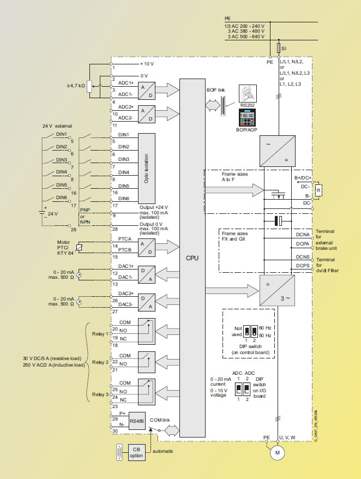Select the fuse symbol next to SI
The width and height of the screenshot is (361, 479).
coord(279,49)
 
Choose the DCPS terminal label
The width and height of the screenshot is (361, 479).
coord(303,265)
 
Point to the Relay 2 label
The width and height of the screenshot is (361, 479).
coord(100,362)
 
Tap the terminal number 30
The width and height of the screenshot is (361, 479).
coord(115,432)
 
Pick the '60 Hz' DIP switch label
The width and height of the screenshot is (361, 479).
coord(264,327)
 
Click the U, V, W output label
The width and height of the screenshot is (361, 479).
coord(288,437)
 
